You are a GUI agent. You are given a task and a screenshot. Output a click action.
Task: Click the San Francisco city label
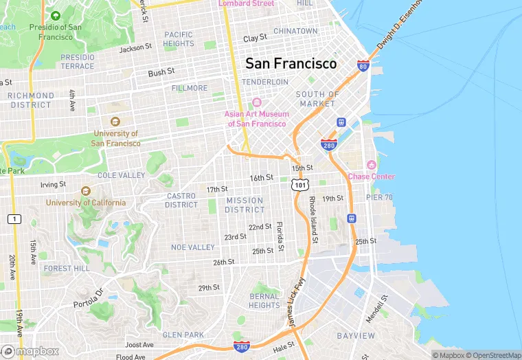click(291, 63)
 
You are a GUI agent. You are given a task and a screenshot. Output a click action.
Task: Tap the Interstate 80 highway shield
click(363, 66)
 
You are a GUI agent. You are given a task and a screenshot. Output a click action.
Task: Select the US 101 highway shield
click(299, 184)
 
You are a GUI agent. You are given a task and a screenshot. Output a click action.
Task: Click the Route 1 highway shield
click(13, 218)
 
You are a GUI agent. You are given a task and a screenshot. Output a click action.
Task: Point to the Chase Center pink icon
click(372, 165)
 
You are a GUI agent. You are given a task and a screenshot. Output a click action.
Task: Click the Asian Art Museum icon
click(257, 102)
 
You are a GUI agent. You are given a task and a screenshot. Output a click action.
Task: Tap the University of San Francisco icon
click(115, 122)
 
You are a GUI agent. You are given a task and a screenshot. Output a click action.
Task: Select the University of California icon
click(86, 191)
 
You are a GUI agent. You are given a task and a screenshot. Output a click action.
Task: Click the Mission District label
click(245, 205)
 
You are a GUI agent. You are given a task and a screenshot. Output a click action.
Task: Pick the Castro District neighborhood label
click(181, 200)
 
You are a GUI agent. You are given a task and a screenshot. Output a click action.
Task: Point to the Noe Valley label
click(193, 247)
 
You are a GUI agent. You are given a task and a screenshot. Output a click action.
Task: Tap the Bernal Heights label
click(264, 301)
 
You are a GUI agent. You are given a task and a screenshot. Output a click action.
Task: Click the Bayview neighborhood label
click(356, 336)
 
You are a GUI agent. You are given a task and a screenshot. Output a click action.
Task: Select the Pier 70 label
click(378, 197)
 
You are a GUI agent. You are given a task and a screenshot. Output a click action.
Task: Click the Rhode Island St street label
click(313, 220)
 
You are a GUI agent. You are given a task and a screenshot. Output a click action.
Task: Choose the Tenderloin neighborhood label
click(265, 82)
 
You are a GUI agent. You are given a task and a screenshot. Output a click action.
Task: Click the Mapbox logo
click(30, 351)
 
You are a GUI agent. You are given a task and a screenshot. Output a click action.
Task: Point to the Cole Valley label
click(122, 175)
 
